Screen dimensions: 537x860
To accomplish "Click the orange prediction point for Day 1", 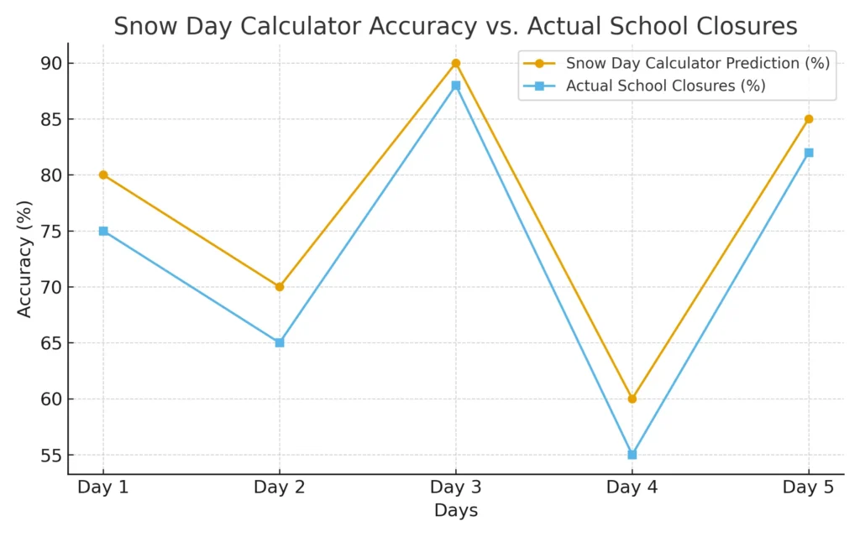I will point(103,175).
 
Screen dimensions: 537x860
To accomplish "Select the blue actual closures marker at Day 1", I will point(103,231).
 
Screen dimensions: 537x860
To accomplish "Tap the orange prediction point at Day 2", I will point(280,287).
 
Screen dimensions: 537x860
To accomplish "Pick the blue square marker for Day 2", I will point(280,342).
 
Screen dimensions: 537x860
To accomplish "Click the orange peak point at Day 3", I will point(456,63).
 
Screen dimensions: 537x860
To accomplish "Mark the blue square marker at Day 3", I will point(456,86).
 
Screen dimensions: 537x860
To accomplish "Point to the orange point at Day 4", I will point(632,399).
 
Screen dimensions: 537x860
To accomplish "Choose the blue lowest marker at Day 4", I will point(632,454).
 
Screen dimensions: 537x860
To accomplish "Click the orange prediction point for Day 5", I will point(809,119).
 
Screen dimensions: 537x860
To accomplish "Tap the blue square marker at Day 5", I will point(809,153).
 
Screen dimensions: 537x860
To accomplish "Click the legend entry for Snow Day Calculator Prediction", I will point(697,63).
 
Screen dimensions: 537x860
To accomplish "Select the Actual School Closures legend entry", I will point(665,86).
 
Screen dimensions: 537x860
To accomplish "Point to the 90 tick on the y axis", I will point(51,64).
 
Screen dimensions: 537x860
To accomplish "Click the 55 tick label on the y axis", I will point(51,456).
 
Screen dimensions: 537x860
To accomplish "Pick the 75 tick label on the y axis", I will point(51,232).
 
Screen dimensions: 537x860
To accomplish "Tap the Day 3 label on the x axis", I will point(456,487).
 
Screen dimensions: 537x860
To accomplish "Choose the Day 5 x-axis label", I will point(809,487).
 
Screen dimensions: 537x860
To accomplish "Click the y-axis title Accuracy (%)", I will point(24,259).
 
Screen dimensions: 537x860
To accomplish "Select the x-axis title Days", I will point(456,511).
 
